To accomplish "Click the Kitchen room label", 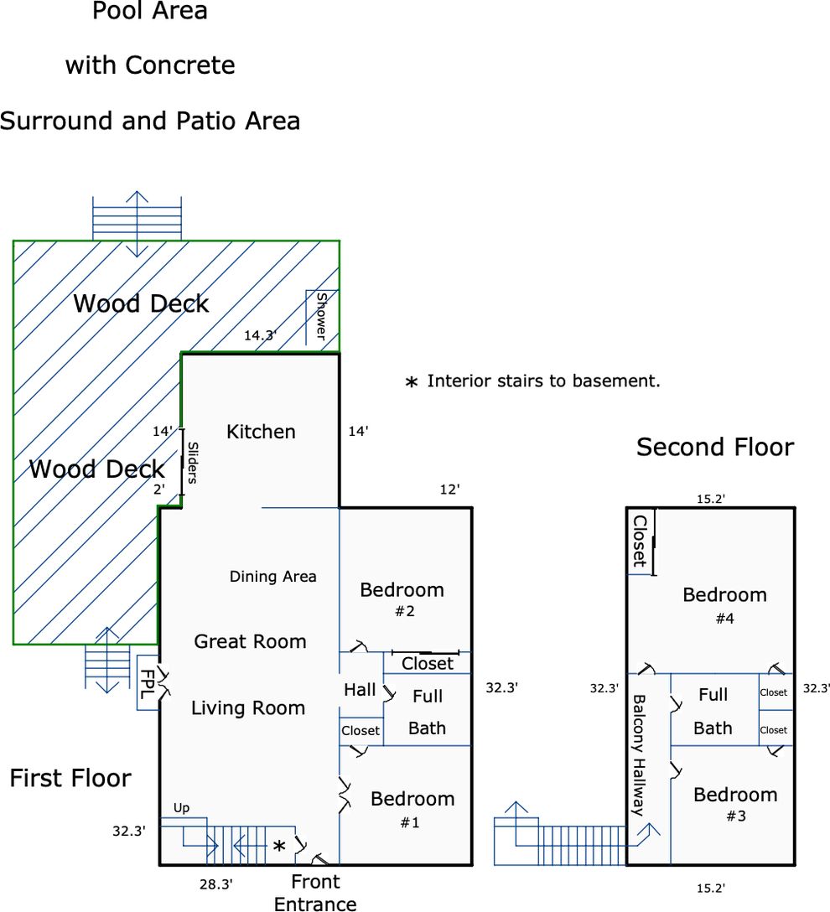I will [261, 432].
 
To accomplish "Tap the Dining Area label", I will [273, 576].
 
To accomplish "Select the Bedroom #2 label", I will [402, 598].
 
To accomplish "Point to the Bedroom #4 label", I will [724, 604].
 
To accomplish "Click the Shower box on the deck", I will [321, 316].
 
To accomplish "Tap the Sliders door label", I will [191, 463].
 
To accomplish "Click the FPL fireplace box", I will [148, 682].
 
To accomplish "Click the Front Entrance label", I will [315, 893].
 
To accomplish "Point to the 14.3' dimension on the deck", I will [261, 335].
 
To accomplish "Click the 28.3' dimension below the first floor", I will [215, 883].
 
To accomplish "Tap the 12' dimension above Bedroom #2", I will [449, 490].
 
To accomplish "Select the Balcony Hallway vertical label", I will [638, 754].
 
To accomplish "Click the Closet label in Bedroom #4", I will [640, 541].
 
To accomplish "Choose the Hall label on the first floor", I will [360, 690].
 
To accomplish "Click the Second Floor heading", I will [714, 447].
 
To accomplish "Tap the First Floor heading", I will [70, 778].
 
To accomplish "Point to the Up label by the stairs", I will [181, 808].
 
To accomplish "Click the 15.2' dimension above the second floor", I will [711, 499].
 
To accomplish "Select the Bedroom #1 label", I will [412, 809].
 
